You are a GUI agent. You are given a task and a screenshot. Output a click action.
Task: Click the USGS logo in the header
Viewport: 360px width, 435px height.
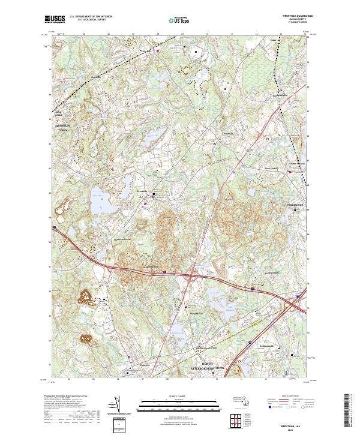point(55,19)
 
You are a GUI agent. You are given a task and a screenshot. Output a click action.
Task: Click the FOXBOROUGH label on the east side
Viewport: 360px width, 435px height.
point(295,205)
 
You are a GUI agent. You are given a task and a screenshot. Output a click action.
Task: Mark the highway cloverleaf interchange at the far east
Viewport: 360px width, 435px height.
point(293,305)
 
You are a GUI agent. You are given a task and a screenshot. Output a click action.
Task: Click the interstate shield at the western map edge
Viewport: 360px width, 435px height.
point(54,227)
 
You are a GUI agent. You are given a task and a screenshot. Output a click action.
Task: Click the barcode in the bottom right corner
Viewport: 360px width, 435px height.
point(351,408)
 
